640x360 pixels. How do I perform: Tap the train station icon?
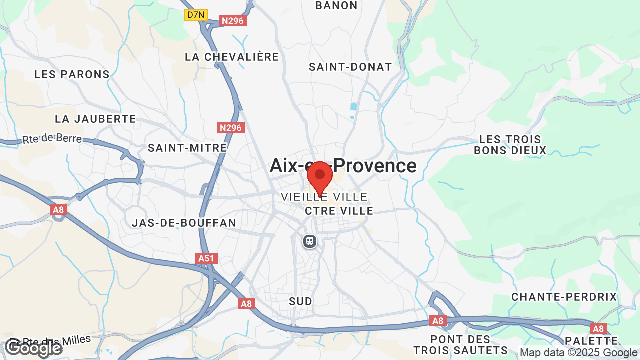coord(310,241)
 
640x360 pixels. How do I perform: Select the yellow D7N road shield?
coord(196,15)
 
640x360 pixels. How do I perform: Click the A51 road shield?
coord(206,258)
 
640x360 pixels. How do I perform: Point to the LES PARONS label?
coord(72,74)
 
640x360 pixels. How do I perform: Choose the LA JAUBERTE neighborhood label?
coord(95,119)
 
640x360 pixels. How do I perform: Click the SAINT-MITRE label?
coord(187,148)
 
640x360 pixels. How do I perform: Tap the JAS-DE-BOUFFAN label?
coord(184,223)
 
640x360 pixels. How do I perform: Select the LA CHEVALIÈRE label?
coord(232,57)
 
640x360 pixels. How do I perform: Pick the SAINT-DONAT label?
coord(350,67)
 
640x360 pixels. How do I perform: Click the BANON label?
coord(337,6)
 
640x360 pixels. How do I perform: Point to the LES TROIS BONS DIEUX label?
coord(510,145)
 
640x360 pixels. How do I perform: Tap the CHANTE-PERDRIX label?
coord(564,297)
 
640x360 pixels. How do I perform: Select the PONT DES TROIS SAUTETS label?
coord(460,345)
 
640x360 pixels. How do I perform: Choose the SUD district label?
coord(300,301)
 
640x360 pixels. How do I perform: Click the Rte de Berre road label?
coord(52,138)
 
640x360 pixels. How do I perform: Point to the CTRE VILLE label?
coord(339,211)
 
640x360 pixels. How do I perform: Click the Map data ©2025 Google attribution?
coord(579,352)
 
